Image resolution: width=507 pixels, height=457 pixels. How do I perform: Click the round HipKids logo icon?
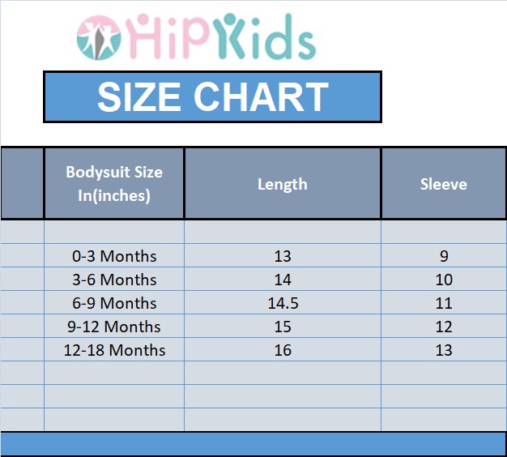(x=99, y=38)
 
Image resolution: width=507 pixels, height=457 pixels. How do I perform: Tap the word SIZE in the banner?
(x=139, y=96)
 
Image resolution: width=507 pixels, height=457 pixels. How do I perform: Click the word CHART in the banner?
(x=261, y=96)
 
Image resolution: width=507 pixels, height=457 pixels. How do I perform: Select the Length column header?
(x=283, y=185)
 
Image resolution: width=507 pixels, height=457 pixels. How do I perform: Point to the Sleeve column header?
(x=444, y=185)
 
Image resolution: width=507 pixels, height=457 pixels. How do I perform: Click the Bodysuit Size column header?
(x=114, y=184)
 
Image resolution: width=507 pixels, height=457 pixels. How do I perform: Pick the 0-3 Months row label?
(x=114, y=256)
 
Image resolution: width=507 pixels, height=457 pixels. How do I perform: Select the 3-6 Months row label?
(x=114, y=280)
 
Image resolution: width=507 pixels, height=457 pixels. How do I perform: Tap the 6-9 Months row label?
(x=114, y=303)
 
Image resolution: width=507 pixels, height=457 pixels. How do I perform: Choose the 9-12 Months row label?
(x=114, y=327)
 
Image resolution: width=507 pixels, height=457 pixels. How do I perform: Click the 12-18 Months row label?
(x=114, y=350)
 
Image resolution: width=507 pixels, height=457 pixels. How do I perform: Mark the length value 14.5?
(x=283, y=303)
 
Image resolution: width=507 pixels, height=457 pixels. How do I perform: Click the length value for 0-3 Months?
(x=283, y=256)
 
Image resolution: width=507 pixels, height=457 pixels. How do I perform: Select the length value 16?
(x=283, y=350)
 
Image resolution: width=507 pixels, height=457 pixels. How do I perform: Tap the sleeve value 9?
(x=444, y=256)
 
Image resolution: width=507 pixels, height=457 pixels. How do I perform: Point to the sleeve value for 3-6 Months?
(x=444, y=280)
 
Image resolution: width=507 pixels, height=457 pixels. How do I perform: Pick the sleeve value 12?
(x=444, y=327)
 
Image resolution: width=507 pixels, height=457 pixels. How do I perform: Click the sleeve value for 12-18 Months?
(x=444, y=350)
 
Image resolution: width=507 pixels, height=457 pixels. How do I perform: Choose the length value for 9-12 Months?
(x=283, y=327)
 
